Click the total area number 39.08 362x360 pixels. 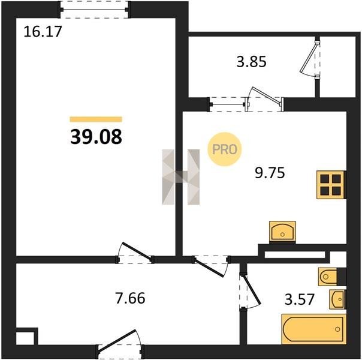pyautogui.click(x=96, y=137)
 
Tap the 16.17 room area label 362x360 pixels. pyautogui.click(x=43, y=32)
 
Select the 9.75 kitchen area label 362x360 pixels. pyautogui.click(x=270, y=173)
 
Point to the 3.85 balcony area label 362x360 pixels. pyautogui.click(x=251, y=62)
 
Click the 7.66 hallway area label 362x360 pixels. pyautogui.click(x=130, y=298)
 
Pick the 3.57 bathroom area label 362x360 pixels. pyautogui.click(x=300, y=299)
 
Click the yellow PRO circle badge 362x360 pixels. pyautogui.click(x=224, y=149)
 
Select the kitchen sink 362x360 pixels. pyautogui.click(x=282, y=232)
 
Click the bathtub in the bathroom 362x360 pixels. pyautogui.click(x=314, y=329)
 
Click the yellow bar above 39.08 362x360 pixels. pyautogui.click(x=96, y=119)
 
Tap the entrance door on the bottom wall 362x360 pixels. pyautogui.click(x=120, y=345)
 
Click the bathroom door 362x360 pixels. pyautogui.click(x=250, y=290)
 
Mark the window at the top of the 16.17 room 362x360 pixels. pyautogui.click(x=95, y=10)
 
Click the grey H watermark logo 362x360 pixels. pyautogui.click(x=181, y=177)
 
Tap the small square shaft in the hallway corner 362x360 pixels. pyautogui.click(x=27, y=336)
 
